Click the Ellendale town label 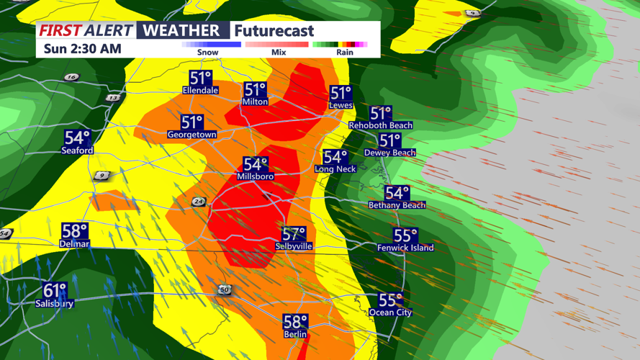click(x=200, y=91)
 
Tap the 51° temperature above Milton click(x=255, y=89)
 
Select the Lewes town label click(x=341, y=105)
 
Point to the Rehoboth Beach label click(x=381, y=125)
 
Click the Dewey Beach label click(x=389, y=153)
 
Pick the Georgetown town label click(x=191, y=135)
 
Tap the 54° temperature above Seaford click(x=77, y=138)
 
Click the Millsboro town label click(x=256, y=176)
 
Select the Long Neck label click(x=335, y=169)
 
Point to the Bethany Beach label click(x=397, y=205)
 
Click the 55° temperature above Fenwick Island click(x=405, y=235)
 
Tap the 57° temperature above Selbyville click(x=294, y=234)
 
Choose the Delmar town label click(x=74, y=244)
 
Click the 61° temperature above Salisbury click(x=55, y=290)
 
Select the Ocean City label click(x=390, y=312)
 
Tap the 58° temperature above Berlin click(x=295, y=322)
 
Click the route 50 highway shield click(x=225, y=290)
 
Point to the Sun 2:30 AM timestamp click(x=82, y=49)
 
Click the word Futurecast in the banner click(x=274, y=31)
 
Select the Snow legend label click(x=208, y=53)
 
